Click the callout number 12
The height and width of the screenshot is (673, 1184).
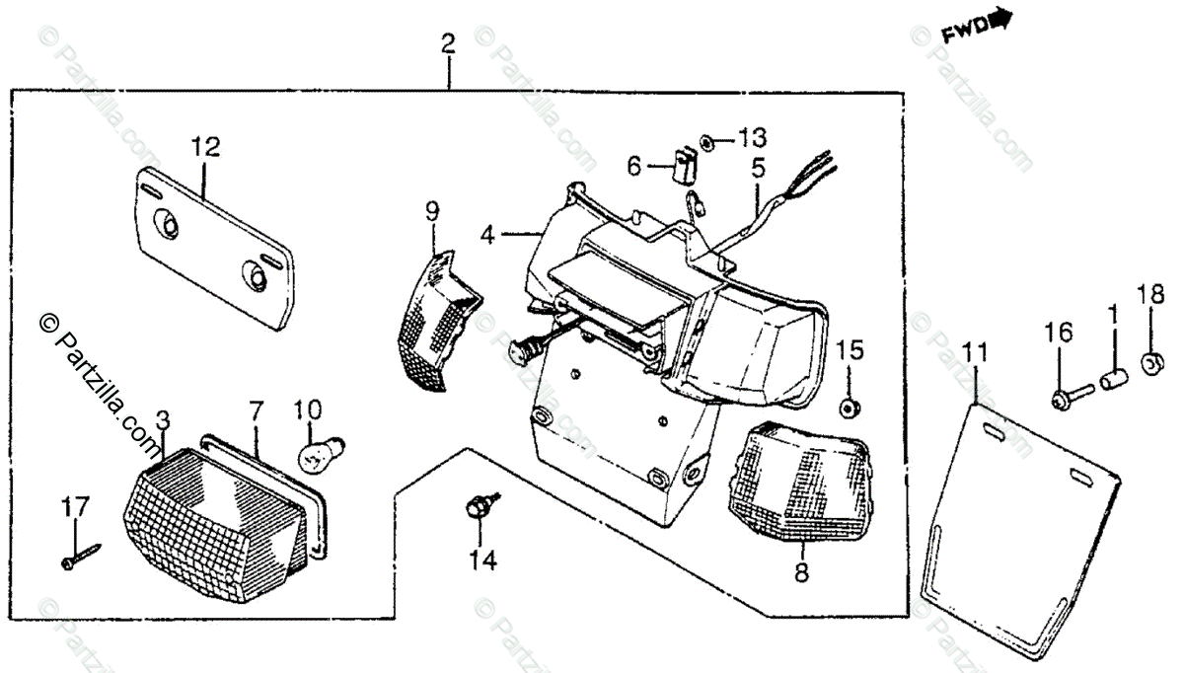206,148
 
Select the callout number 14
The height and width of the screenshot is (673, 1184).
481,561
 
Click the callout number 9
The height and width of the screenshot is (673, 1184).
432,209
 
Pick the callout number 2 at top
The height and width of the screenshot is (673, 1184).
448,43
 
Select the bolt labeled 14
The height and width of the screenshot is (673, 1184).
478,509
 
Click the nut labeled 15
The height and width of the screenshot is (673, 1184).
848,408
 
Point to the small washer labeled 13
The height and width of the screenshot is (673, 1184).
708,143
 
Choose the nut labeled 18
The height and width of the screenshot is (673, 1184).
1150,364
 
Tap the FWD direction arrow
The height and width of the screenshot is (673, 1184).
977,28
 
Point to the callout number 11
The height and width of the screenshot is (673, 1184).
975,350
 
